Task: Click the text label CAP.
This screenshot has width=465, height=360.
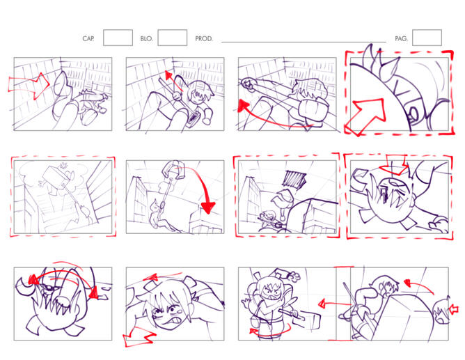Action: (88, 38)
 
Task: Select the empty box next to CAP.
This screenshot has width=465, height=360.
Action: (118, 38)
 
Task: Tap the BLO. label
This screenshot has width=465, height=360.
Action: (146, 38)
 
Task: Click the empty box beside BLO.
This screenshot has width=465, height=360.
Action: (173, 38)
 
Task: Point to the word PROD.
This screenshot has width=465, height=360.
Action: (204, 38)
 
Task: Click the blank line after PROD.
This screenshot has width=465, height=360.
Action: (304, 42)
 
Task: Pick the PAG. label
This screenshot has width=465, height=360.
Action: (401, 38)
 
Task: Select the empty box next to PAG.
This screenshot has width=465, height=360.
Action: (427, 38)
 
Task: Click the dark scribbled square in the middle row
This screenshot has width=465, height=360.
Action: (294, 179)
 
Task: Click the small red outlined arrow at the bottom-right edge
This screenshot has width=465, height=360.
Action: (454, 310)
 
